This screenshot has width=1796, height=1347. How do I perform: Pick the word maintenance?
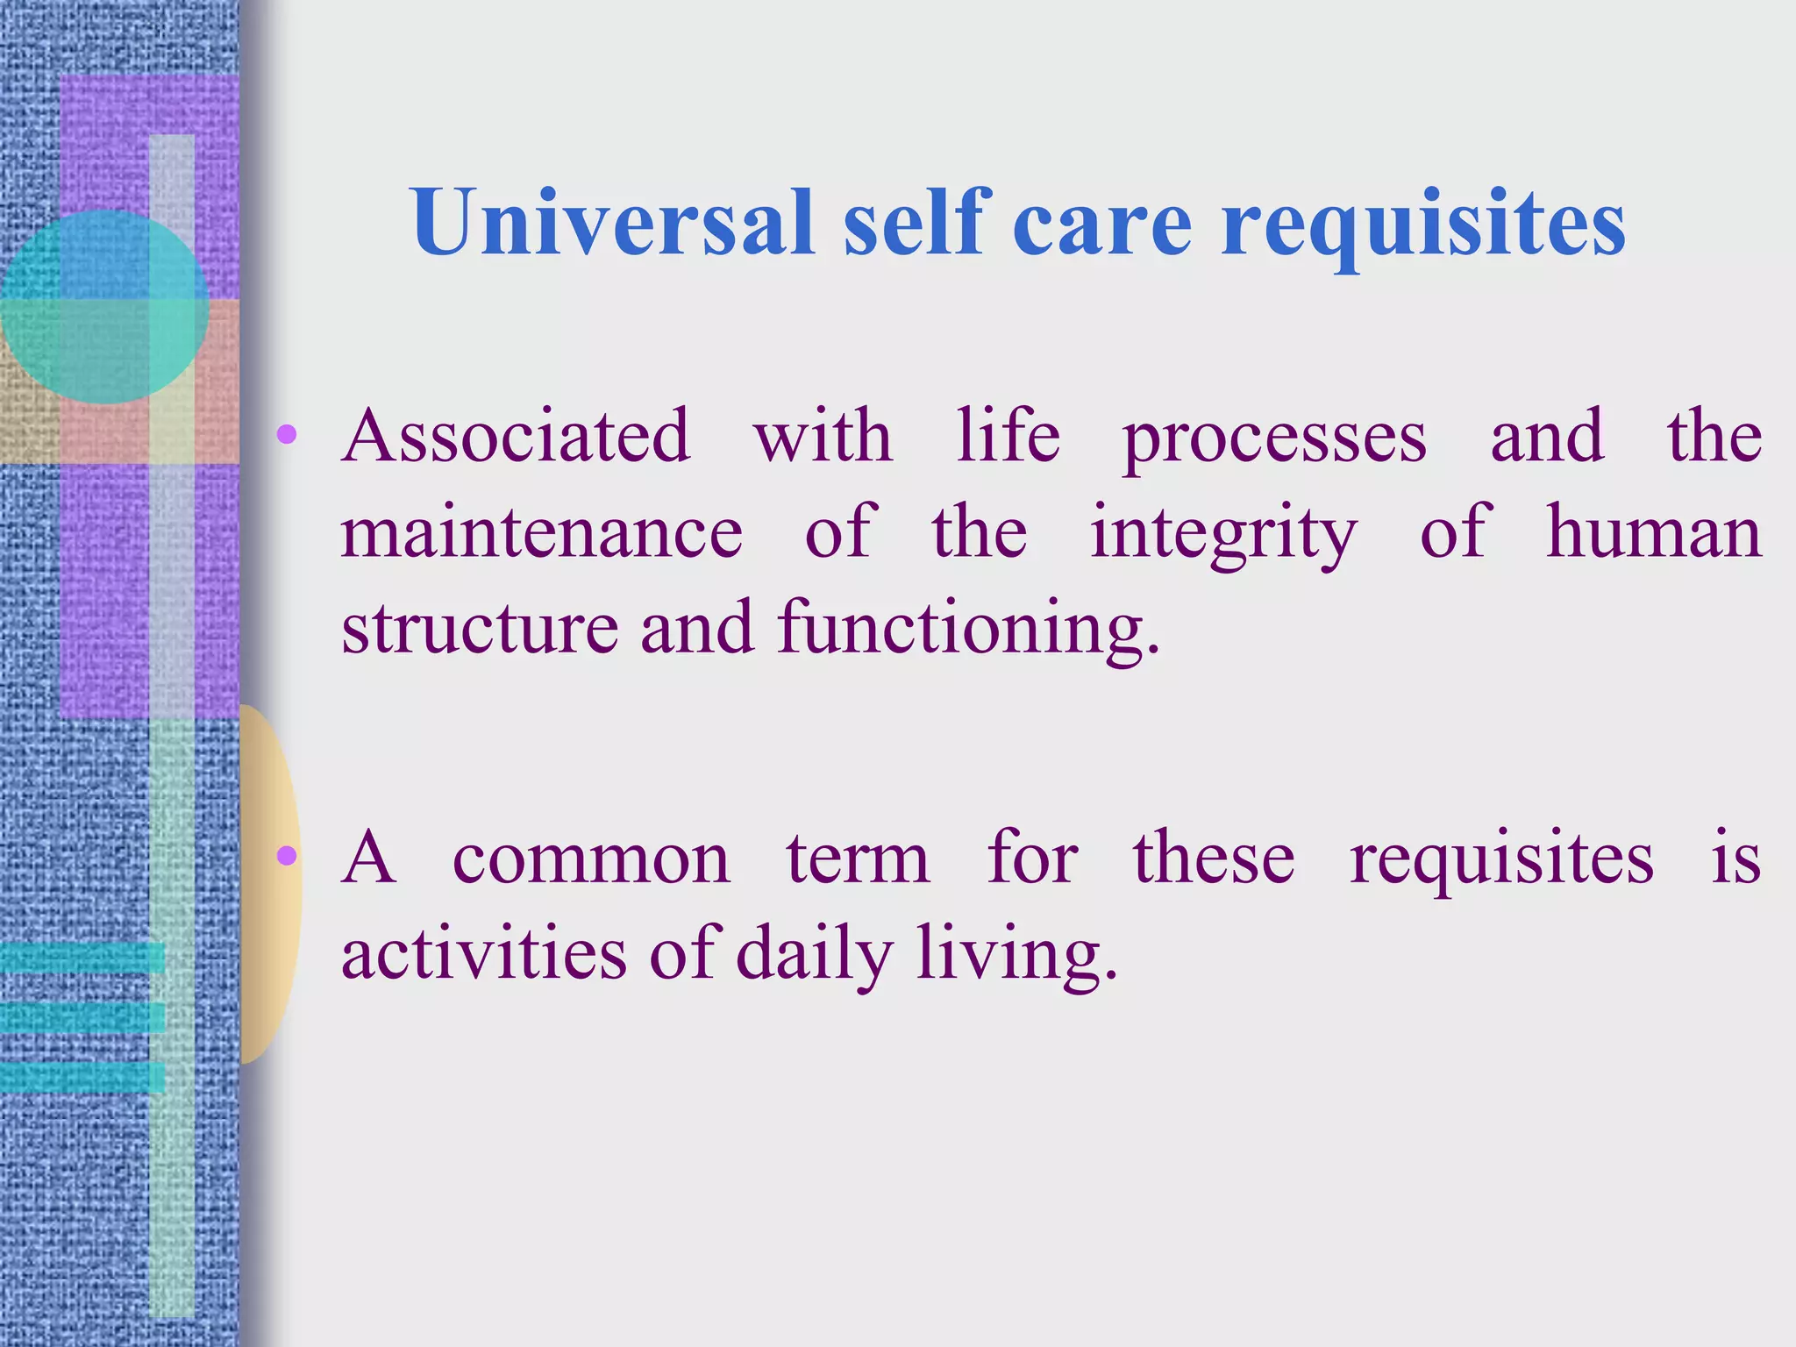tap(542, 532)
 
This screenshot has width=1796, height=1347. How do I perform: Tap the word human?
tap(1654, 532)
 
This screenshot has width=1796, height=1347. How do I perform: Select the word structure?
tap(481, 628)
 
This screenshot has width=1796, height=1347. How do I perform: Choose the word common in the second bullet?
tap(591, 859)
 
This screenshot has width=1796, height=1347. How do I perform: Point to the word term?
tap(858, 859)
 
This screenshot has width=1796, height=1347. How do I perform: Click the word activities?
tap(484, 953)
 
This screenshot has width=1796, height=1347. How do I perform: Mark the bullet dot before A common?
tap(287, 855)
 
